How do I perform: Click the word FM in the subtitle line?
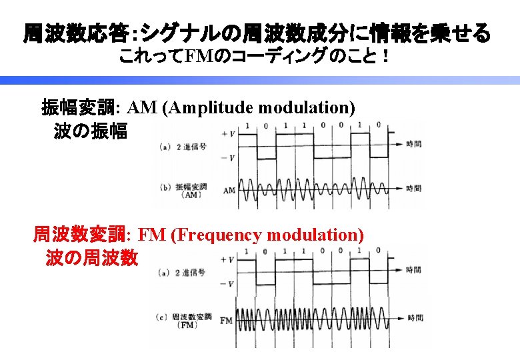coord(198,57)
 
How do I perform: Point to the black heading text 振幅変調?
coord(79,107)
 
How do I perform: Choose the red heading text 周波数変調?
coord(84,235)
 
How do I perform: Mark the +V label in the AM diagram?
coord(227,131)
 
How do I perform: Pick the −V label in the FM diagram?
coord(227,284)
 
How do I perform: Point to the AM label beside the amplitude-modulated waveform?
coord(229,190)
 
